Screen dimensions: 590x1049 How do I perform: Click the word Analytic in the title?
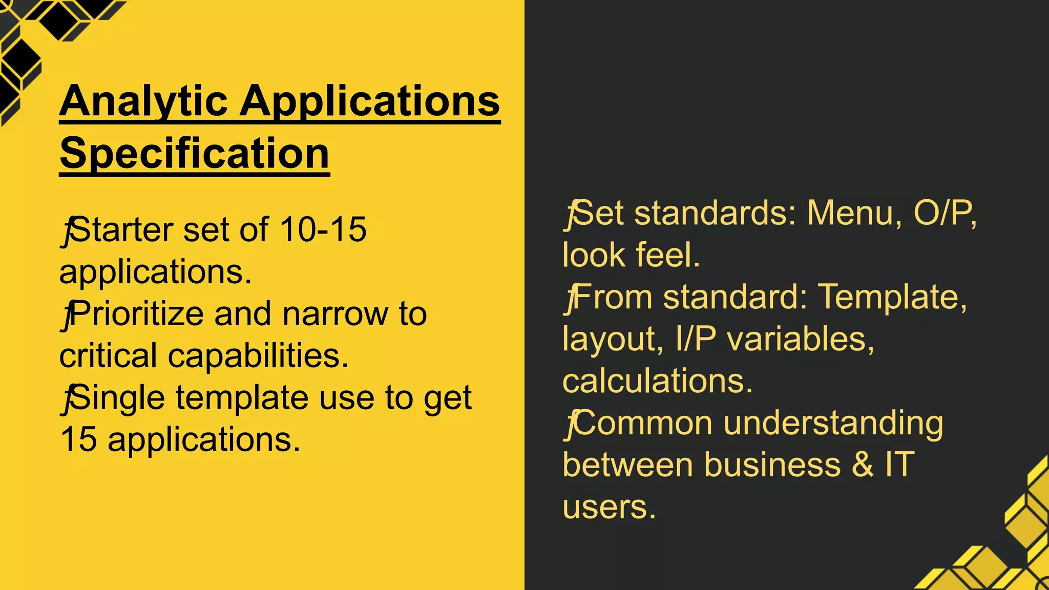[x=143, y=101]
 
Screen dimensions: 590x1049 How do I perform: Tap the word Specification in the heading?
[x=194, y=154]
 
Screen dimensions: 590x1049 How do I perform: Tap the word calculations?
[x=658, y=381]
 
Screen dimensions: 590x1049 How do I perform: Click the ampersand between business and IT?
[x=863, y=465]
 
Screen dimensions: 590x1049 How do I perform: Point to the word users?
[x=609, y=507]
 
